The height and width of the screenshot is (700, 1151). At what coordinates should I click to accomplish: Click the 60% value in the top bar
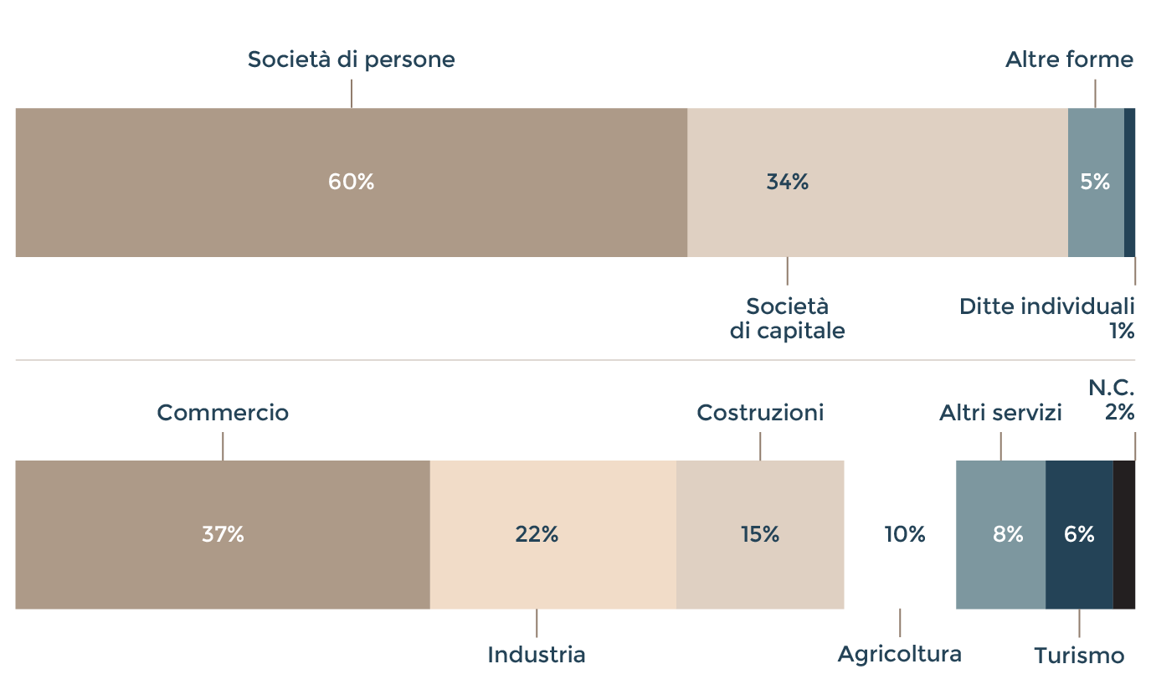pos(351,182)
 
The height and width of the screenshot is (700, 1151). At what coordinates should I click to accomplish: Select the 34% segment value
pos(787,182)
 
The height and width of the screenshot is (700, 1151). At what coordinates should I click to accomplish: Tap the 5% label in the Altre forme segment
pos(1095,182)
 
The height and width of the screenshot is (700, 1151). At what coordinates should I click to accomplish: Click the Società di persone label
pos(351,60)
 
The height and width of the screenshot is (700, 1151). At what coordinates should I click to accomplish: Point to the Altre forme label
pos(1069,60)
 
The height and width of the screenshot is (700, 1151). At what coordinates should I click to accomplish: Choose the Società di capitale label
pos(787,318)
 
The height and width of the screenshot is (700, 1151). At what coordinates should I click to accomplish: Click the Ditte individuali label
pos(1046,306)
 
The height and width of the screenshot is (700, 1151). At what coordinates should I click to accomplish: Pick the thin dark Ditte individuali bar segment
pos(1130,182)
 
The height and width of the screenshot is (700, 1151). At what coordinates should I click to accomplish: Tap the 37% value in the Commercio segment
pos(223,534)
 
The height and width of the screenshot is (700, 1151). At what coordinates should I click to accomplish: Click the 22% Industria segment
pos(537,534)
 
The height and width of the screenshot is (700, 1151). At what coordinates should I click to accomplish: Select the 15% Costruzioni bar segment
pos(760,534)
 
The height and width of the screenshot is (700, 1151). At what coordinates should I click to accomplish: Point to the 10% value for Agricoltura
pos(905,534)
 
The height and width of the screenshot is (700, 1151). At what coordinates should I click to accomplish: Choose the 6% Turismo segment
pos(1079,534)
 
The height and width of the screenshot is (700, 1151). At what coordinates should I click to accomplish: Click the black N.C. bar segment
pos(1124,534)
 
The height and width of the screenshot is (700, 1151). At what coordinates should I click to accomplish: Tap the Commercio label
pos(223,413)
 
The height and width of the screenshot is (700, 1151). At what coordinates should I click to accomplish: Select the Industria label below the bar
pos(537,655)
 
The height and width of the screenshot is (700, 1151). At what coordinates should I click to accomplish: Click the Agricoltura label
pos(899,654)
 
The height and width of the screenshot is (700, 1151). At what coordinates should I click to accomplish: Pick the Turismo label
pos(1078,656)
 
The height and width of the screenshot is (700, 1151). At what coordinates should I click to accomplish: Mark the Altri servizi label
pos(1000,413)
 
